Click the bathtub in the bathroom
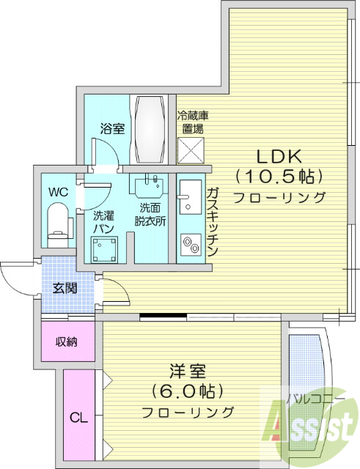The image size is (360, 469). tap(150, 130)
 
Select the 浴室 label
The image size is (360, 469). tap(112, 129)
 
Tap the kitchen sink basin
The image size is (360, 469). tap(186, 192)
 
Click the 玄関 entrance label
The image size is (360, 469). tap(64, 288)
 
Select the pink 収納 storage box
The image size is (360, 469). tap(67, 341)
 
